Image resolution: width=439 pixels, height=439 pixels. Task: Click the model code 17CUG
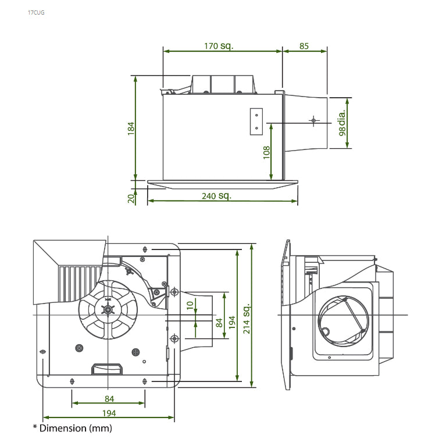click(36, 12)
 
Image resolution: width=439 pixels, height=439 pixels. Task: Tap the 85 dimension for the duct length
click(304, 46)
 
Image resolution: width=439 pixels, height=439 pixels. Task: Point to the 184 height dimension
click(131, 129)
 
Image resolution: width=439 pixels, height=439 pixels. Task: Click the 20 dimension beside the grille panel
click(131, 198)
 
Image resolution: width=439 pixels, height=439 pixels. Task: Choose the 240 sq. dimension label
click(216, 196)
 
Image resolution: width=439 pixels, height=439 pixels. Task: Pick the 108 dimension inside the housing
click(267, 152)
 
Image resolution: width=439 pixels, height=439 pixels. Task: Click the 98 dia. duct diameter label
click(342, 123)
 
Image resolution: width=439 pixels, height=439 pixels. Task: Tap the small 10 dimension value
click(190, 305)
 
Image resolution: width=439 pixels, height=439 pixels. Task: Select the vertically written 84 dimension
click(219, 323)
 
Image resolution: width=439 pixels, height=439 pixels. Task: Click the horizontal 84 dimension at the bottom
click(109, 398)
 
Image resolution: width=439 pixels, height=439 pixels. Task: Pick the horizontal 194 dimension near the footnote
click(109, 413)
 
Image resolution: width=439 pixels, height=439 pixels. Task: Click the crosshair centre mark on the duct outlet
click(313, 120)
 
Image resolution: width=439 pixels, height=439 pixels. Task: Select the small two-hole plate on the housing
click(256, 122)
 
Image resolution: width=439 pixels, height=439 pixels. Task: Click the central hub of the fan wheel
click(108, 310)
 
